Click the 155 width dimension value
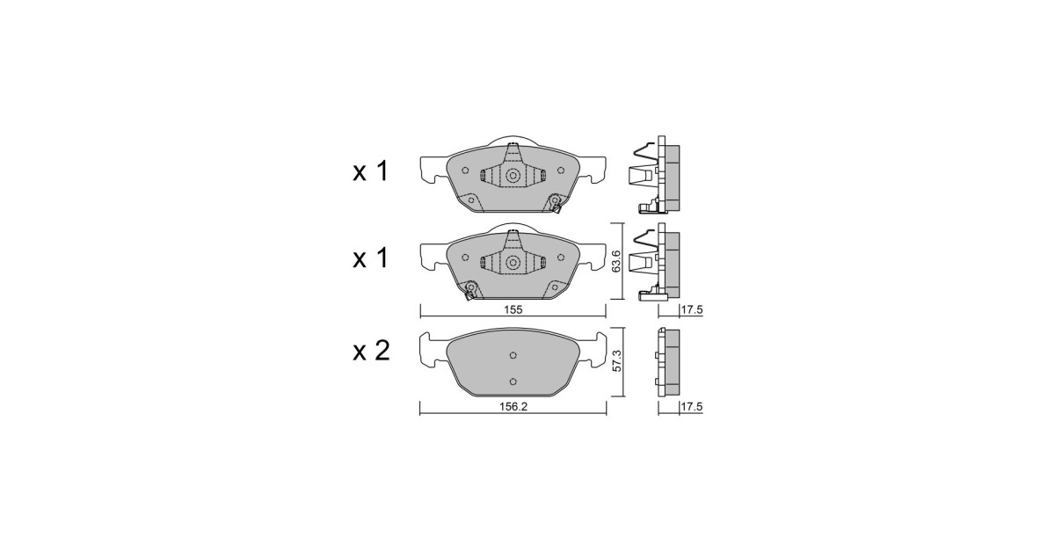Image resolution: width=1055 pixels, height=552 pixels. coord(513,309)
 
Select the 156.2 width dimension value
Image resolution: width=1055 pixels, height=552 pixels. coord(513,406)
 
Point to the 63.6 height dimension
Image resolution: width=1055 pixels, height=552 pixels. coord(616,261)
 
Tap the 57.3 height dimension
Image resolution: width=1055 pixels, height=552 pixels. coord(616,360)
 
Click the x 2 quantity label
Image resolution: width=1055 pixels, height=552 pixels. coord(371,351)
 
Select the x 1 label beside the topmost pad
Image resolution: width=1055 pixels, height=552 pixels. coord(371,171)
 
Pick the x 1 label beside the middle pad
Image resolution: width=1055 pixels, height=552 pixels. coord(371,258)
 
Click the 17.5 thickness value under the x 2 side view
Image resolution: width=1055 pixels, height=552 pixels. coord(691,406)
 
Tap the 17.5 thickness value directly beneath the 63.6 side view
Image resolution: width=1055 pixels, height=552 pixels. coord(691,309)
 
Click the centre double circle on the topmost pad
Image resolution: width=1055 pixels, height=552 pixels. coord(513,176)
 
